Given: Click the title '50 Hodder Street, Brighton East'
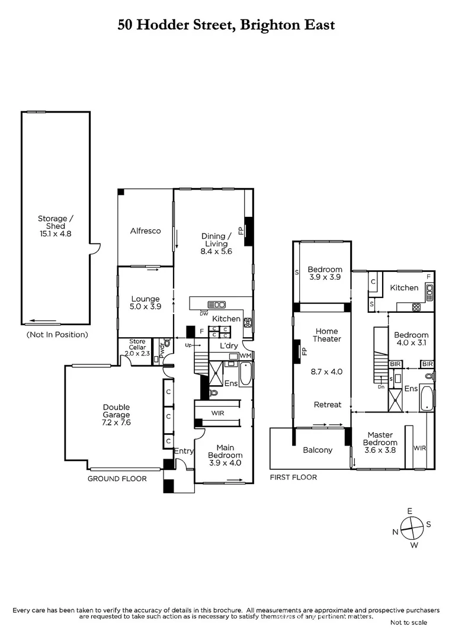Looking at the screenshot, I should click(x=226, y=25).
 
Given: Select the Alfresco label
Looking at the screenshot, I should click(x=145, y=231).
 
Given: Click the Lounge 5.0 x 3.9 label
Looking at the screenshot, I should click(x=145, y=303).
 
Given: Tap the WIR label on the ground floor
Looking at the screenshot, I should click(x=217, y=412).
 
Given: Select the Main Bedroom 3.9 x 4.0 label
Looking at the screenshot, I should click(x=225, y=455).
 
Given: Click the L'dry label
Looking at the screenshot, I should click(x=229, y=345).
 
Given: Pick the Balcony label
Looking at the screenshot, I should click(x=318, y=450).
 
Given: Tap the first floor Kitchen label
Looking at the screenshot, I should click(x=404, y=287).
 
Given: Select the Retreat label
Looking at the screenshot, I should click(x=327, y=405).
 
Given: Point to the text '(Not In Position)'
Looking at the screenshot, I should click(x=57, y=335).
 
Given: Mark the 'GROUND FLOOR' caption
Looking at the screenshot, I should click(x=117, y=478).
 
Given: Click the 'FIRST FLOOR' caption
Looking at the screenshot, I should click(x=293, y=477).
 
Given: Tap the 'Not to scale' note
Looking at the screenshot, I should click(x=409, y=622).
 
